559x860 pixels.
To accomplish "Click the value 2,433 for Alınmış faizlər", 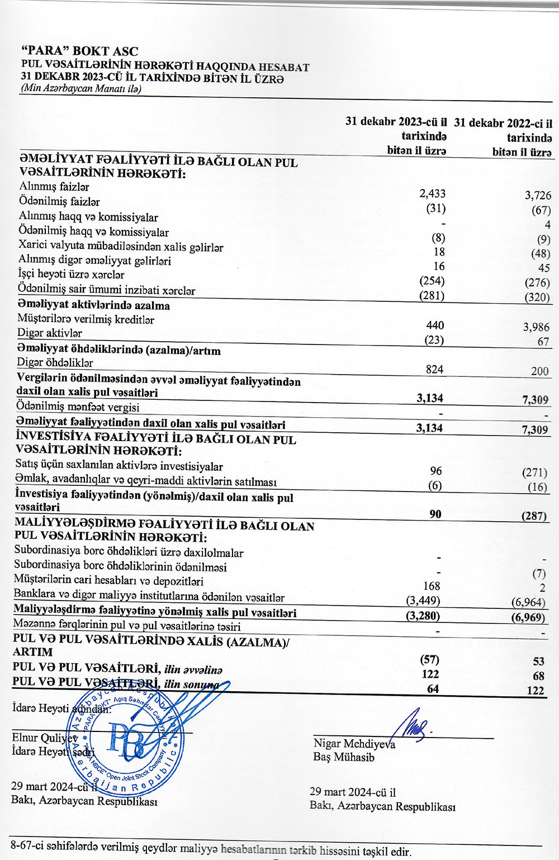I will pyautogui.click(x=432, y=193).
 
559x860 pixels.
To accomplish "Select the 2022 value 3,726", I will pyautogui.click(x=537, y=195).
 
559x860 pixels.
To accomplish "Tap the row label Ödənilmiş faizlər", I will pyautogui.click(x=59, y=201).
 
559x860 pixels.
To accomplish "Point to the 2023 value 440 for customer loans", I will pyautogui.click(x=434, y=325).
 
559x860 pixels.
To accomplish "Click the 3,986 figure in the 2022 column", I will pyautogui.click(x=536, y=327).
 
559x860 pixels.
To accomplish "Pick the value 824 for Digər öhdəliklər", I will pyautogui.click(x=434, y=369).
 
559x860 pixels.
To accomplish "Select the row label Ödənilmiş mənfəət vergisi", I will pyautogui.click(x=78, y=407).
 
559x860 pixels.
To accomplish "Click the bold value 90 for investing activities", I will pyautogui.click(x=435, y=513).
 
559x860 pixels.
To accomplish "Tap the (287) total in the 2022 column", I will pyautogui.click(x=534, y=516).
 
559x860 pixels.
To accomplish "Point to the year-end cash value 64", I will pyautogui.click(x=433, y=689).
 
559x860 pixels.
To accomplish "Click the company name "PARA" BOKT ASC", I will pyautogui.click(x=79, y=51).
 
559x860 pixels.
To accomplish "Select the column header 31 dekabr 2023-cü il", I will pyautogui.click(x=396, y=121).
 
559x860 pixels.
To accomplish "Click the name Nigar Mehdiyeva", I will pyautogui.click(x=354, y=744).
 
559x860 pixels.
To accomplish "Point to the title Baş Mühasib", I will pyautogui.click(x=344, y=757).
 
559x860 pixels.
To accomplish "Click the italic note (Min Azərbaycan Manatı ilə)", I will pyautogui.click(x=80, y=88).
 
